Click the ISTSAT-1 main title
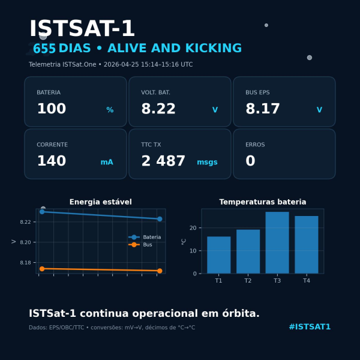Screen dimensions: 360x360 82,29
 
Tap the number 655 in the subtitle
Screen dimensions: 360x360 44,49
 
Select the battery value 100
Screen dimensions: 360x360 52,109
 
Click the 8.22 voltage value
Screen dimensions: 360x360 158,109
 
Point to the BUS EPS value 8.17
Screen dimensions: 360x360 263,109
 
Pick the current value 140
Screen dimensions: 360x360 52,161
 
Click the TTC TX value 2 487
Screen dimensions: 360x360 163,161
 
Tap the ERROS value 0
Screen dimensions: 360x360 250,161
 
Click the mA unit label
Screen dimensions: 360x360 107,162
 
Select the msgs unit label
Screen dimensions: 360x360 207,162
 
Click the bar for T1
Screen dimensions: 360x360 218,255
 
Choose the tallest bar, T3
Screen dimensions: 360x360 277,242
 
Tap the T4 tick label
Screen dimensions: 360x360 307,281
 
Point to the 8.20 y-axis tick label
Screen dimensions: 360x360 25,242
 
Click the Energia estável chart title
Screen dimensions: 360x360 100,202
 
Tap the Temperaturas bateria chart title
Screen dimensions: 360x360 263,202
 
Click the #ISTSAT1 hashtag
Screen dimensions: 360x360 310,327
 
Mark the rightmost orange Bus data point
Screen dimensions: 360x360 160,271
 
